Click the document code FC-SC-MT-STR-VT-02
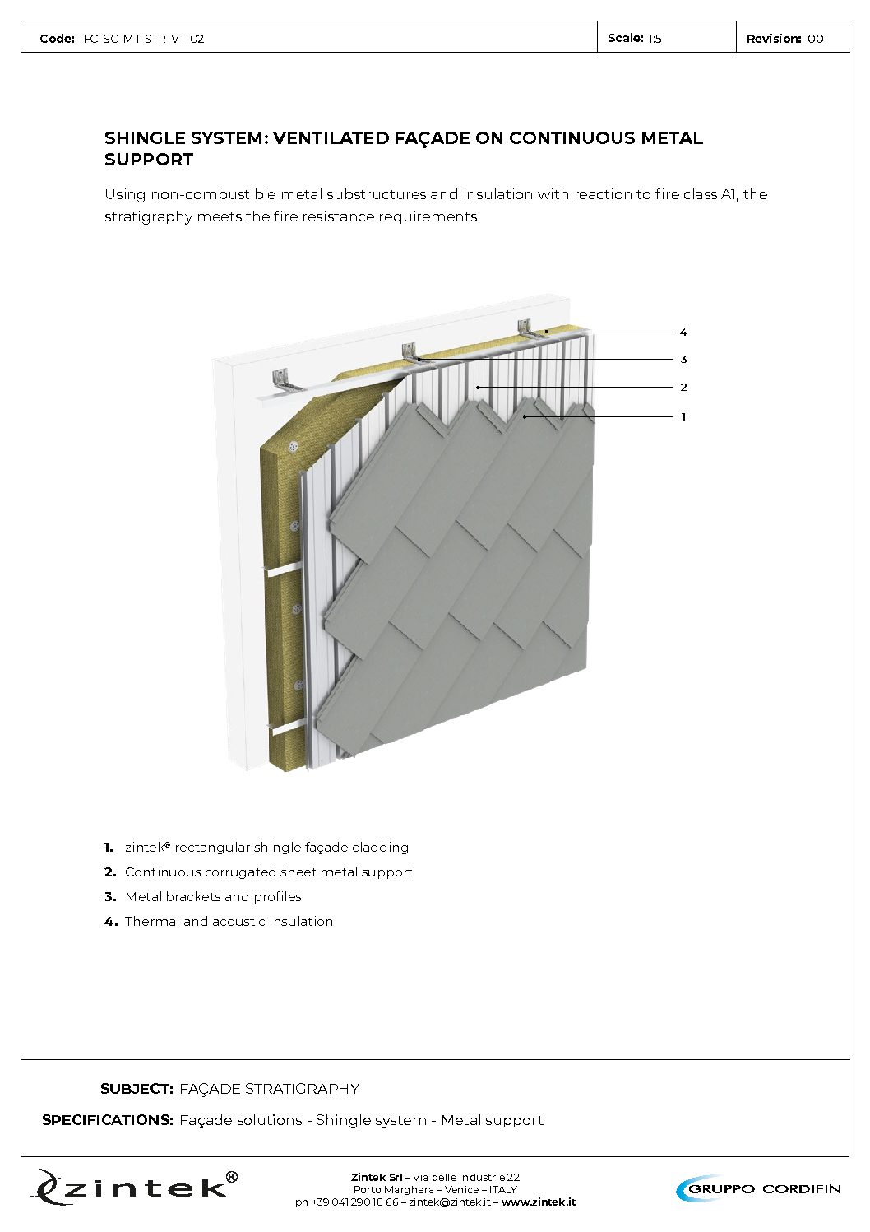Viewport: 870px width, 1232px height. [x=143, y=39]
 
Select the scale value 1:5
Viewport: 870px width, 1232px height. [x=655, y=39]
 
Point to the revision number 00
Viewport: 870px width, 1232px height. [x=815, y=39]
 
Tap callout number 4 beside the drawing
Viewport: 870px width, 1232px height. [x=683, y=332]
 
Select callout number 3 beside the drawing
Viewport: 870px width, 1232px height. [x=683, y=360]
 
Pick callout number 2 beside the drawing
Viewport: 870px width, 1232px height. [x=683, y=388]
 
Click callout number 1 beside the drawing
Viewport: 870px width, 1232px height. [x=683, y=417]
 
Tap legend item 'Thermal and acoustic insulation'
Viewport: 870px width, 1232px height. [x=229, y=922]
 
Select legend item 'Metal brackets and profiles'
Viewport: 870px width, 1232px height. [x=213, y=897]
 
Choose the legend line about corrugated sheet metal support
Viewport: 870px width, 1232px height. [x=268, y=872]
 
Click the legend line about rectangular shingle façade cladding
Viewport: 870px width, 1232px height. [x=266, y=848]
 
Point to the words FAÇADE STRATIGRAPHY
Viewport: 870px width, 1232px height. [x=269, y=1089]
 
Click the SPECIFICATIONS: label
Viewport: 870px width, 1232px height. [x=108, y=1120]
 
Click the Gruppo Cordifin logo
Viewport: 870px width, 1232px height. [x=758, y=1188]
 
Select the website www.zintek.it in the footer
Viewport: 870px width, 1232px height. [x=538, y=1202]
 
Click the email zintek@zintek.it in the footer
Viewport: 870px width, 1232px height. [x=449, y=1202]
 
